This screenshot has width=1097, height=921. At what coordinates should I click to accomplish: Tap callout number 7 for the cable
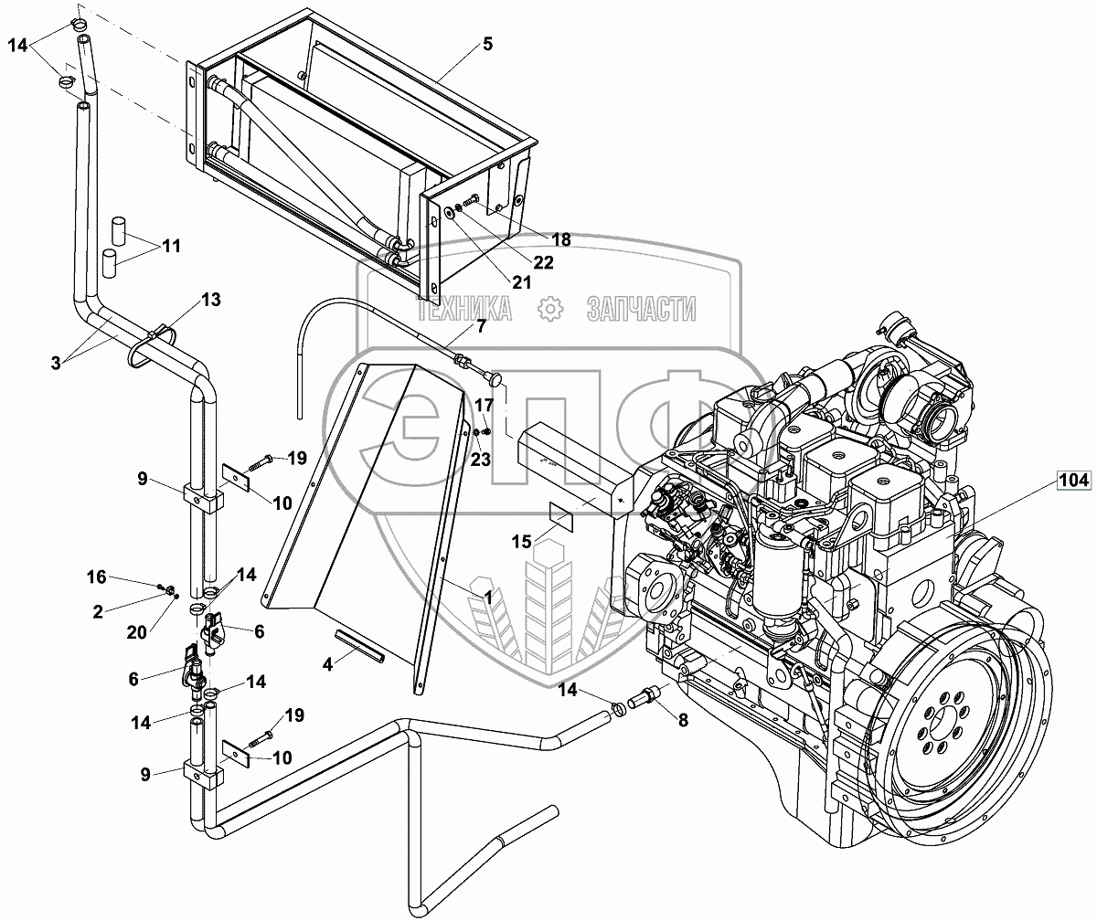481,326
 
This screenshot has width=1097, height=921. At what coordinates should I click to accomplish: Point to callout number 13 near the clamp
210,300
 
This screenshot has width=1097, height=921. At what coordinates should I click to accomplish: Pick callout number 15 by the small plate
521,542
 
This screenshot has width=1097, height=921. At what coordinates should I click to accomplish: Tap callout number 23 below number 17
480,460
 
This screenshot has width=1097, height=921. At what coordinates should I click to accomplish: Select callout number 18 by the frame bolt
561,239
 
